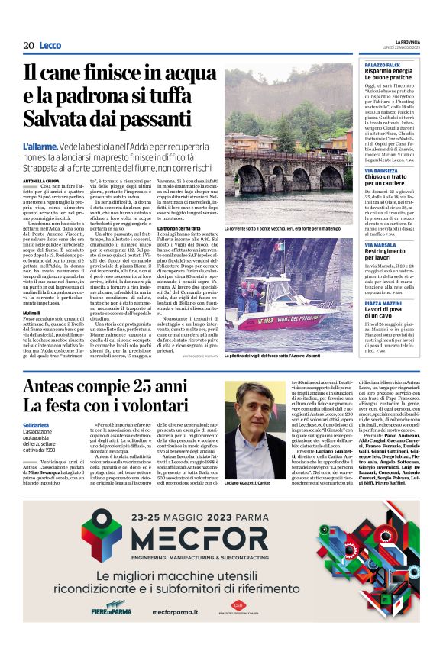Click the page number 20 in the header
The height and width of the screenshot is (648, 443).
point(28,46)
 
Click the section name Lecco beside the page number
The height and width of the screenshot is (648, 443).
point(50,46)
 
